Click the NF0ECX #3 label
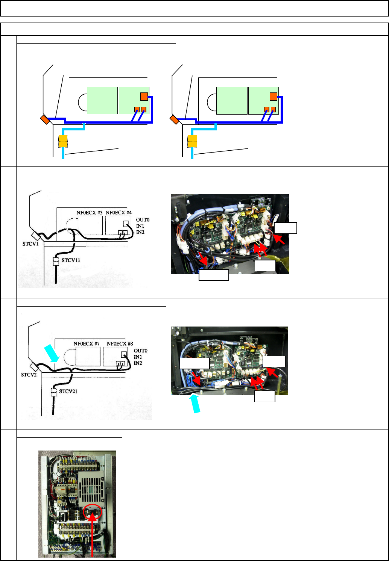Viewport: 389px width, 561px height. [90, 213]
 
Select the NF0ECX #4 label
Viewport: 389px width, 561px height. [119, 213]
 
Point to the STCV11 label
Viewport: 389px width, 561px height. [71, 260]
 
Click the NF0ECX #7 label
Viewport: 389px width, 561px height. [87, 344]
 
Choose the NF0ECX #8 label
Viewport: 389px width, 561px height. [120, 344]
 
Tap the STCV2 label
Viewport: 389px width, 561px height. [28, 375]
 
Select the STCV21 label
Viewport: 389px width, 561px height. [68, 391]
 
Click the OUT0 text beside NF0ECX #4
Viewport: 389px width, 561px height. [143, 220]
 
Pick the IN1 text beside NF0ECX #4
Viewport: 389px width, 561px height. [140, 226]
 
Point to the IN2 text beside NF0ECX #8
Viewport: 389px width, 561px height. [138, 363]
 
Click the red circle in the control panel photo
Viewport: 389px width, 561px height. [92, 512]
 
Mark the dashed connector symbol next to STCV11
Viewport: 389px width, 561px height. [56, 261]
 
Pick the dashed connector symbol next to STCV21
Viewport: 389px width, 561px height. [53, 392]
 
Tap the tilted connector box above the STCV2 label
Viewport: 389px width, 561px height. [34, 367]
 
